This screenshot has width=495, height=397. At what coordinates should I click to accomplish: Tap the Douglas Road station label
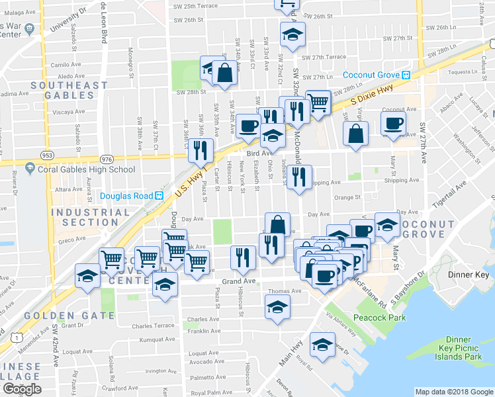point(126,196)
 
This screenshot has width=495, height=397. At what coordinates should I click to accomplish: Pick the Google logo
point(22,389)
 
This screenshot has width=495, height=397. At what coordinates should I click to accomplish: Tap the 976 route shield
point(107,159)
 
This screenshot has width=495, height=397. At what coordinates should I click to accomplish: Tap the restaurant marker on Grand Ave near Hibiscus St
point(243,257)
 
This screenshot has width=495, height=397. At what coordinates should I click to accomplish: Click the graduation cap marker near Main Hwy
point(322,345)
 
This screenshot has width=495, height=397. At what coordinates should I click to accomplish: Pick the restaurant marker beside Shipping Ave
point(300,177)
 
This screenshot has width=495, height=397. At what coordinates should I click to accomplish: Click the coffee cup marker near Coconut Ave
point(393,123)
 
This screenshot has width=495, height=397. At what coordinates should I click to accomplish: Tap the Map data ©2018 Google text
point(453,392)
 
